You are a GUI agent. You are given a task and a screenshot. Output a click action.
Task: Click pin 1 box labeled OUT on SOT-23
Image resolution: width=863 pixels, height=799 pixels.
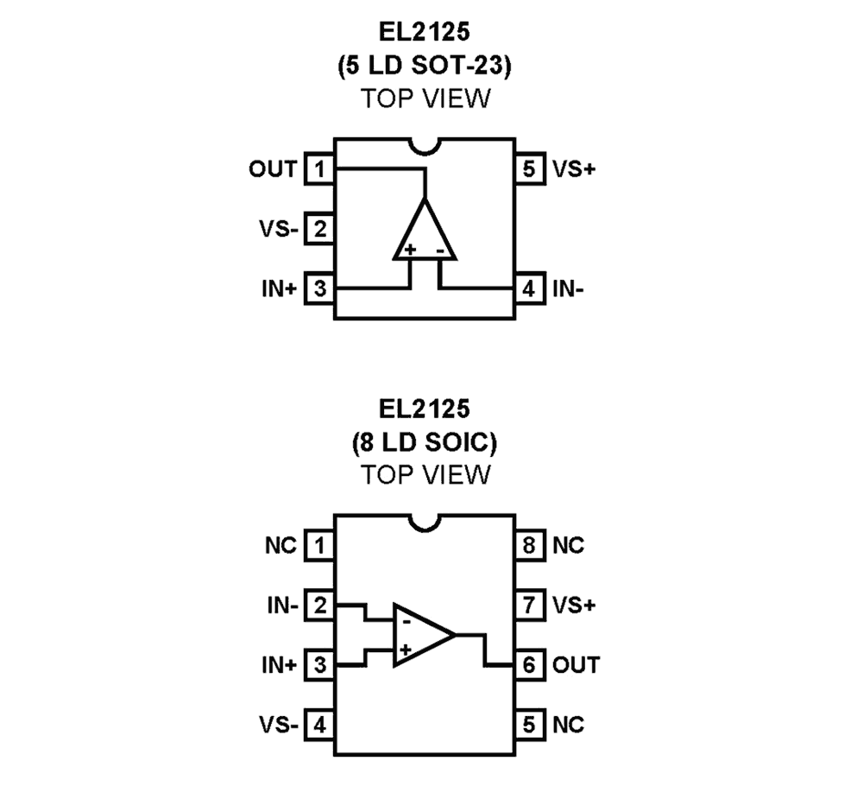[x=320, y=169]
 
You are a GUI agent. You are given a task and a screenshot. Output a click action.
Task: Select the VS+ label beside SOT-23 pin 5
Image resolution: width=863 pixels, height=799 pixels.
[x=575, y=169]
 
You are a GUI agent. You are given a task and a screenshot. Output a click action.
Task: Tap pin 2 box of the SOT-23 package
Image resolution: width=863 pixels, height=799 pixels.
[x=320, y=230]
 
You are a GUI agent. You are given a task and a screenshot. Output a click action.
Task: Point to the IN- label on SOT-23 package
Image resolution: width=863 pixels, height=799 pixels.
[x=568, y=289]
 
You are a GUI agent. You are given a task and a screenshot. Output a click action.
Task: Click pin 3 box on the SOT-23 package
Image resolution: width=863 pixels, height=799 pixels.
[x=320, y=289]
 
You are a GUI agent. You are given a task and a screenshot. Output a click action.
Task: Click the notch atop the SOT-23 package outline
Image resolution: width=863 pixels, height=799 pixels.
[x=425, y=146]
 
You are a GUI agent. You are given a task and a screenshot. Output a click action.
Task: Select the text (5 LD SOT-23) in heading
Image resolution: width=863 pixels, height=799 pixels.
[x=425, y=67]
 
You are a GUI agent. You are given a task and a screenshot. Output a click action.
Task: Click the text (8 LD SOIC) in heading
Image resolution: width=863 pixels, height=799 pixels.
[x=425, y=444]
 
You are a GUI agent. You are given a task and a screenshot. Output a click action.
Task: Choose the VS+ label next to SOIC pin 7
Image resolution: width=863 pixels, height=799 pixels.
[x=575, y=606]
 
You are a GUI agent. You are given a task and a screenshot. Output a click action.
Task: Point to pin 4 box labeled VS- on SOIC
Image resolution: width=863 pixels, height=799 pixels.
[x=320, y=724]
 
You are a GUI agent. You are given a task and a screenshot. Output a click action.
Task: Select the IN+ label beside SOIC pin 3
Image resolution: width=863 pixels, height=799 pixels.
[x=279, y=665]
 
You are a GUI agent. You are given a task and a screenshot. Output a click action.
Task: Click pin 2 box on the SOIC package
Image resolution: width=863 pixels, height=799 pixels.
[x=320, y=606]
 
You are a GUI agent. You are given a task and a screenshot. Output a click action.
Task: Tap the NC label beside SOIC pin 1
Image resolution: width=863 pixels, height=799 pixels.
[x=281, y=546]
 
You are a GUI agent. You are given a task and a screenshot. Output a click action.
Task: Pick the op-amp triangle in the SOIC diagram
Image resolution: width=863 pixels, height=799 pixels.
[x=420, y=635]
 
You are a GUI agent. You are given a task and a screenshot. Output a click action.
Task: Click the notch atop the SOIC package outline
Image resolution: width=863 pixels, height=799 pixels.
[x=425, y=523]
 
